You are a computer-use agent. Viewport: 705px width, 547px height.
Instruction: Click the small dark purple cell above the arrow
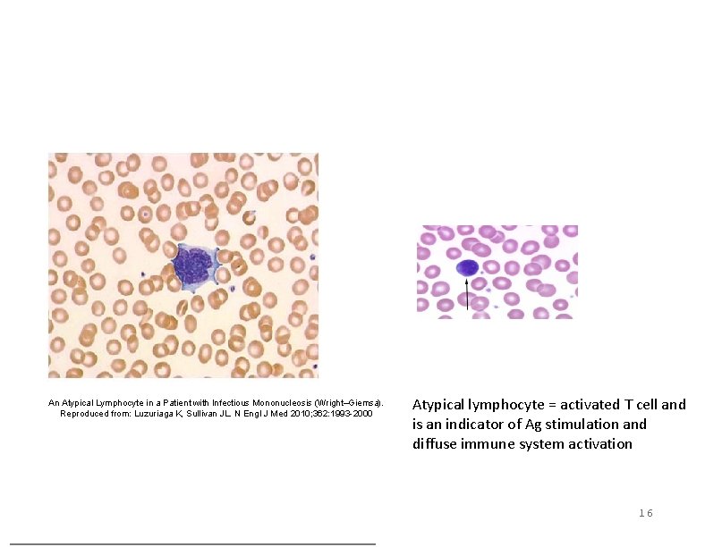pos(467,267)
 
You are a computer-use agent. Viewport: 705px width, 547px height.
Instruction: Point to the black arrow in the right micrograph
pos(467,294)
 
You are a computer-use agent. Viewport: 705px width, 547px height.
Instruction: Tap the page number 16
pos(645,512)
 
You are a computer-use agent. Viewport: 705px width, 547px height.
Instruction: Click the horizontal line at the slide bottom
pos(192,543)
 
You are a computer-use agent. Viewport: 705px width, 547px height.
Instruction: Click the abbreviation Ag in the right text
pos(539,424)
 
